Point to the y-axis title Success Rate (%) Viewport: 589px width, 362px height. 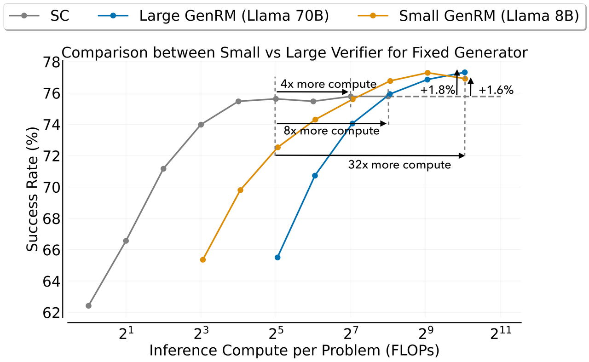[x=32, y=189]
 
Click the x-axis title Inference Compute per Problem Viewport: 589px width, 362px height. [x=294, y=351]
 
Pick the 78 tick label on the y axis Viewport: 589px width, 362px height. [x=51, y=62]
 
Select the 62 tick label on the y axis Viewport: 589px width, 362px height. [x=51, y=313]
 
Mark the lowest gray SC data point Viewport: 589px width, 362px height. [x=88, y=305]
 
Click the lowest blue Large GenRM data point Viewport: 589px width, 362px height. [x=277, y=257]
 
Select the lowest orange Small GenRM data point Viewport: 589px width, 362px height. [x=203, y=259]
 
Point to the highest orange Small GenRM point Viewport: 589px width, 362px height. [x=427, y=73]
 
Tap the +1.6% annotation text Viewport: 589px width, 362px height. [x=496, y=91]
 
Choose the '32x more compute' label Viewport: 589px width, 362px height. [x=399, y=165]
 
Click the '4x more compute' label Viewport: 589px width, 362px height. [x=329, y=84]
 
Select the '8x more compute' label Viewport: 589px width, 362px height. [x=331, y=131]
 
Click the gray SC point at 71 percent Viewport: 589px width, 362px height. [x=163, y=169]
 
